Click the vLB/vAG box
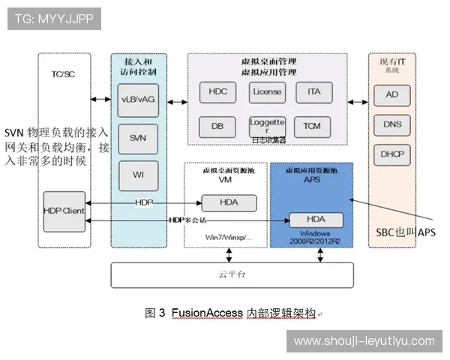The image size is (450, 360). click(x=139, y=100)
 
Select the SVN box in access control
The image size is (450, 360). click(x=139, y=137)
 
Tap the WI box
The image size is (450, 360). click(x=139, y=175)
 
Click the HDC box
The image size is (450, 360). click(x=218, y=91)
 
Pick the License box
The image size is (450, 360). click(x=267, y=91)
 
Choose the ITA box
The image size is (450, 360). click(x=313, y=91)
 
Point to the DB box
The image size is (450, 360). click(x=217, y=126)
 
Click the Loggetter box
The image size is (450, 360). click(x=267, y=124)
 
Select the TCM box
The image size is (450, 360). click(x=312, y=126)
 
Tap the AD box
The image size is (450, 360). click(x=391, y=95)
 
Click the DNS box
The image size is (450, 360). click(x=391, y=124)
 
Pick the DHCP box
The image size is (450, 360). click(x=391, y=153)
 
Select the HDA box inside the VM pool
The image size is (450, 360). click(x=229, y=202)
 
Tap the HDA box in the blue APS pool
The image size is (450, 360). click(x=315, y=219)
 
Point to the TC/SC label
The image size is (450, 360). click(x=63, y=74)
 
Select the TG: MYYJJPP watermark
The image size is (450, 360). click(x=53, y=19)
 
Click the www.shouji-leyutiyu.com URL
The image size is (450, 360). click(x=363, y=341)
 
